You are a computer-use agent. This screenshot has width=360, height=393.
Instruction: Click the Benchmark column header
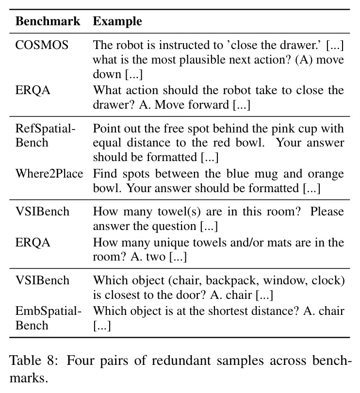(48, 21)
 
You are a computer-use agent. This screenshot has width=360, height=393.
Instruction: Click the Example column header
(117, 21)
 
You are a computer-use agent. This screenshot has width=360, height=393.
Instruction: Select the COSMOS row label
(42, 45)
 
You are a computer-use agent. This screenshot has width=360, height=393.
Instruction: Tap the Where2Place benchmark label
(49, 173)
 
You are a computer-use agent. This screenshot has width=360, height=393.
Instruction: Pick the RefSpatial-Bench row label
(46, 135)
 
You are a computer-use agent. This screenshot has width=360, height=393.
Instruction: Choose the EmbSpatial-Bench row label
(49, 318)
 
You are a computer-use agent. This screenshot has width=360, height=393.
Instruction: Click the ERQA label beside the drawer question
(33, 90)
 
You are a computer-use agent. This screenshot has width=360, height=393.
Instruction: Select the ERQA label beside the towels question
(33, 243)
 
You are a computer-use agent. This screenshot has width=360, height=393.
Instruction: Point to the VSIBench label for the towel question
(42, 211)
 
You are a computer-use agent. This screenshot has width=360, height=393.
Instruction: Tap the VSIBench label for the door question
(42, 280)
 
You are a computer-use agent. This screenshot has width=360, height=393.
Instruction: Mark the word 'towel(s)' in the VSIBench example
(179, 212)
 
